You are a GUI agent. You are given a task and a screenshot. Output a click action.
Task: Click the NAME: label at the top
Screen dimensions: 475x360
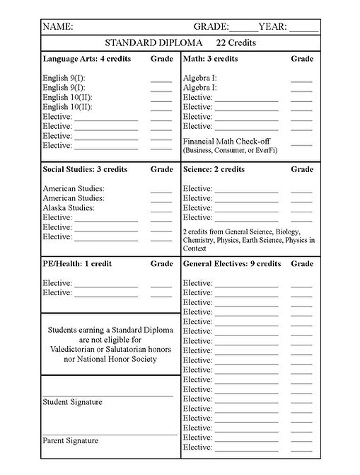pyautogui.click(x=58, y=27)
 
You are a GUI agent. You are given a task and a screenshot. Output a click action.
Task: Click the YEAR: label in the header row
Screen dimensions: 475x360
pyautogui.click(x=273, y=27)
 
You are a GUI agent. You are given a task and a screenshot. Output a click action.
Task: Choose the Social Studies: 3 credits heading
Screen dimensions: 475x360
pyautogui.click(x=85, y=170)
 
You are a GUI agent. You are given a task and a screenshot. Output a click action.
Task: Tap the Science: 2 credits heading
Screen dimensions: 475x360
pyautogui.click(x=214, y=170)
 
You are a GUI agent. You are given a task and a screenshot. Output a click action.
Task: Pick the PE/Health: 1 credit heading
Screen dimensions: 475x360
pyautogui.click(x=77, y=264)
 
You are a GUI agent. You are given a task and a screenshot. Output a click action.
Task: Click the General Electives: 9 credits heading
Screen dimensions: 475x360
pyautogui.click(x=232, y=264)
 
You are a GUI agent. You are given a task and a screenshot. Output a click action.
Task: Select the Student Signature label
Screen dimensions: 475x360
pyautogui.click(x=72, y=402)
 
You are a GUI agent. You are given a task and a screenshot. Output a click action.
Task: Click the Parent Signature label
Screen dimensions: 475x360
pyautogui.click(x=70, y=440)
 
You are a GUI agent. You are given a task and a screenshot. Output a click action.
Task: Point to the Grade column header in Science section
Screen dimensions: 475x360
pyautogui.click(x=302, y=170)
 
